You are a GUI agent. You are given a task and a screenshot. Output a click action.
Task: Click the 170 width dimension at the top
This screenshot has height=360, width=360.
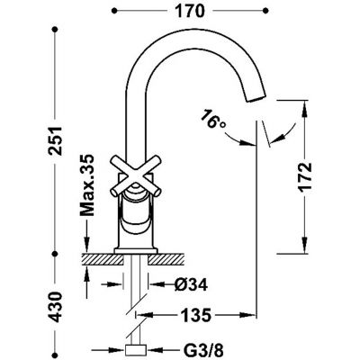189,12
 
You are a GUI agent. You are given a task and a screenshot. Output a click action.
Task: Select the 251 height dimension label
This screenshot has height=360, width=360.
55,140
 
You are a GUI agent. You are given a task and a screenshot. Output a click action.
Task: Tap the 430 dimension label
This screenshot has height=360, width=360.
55,307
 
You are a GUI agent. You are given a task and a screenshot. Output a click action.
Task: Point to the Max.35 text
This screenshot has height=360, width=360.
87,185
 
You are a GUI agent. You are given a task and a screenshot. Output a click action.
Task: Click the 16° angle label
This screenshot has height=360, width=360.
212,120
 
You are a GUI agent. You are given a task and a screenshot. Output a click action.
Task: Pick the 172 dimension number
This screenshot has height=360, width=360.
306,177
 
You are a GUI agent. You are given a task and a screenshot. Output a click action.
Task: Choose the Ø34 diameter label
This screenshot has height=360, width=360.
191,284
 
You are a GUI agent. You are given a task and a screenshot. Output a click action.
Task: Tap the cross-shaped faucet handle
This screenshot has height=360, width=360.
136,176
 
